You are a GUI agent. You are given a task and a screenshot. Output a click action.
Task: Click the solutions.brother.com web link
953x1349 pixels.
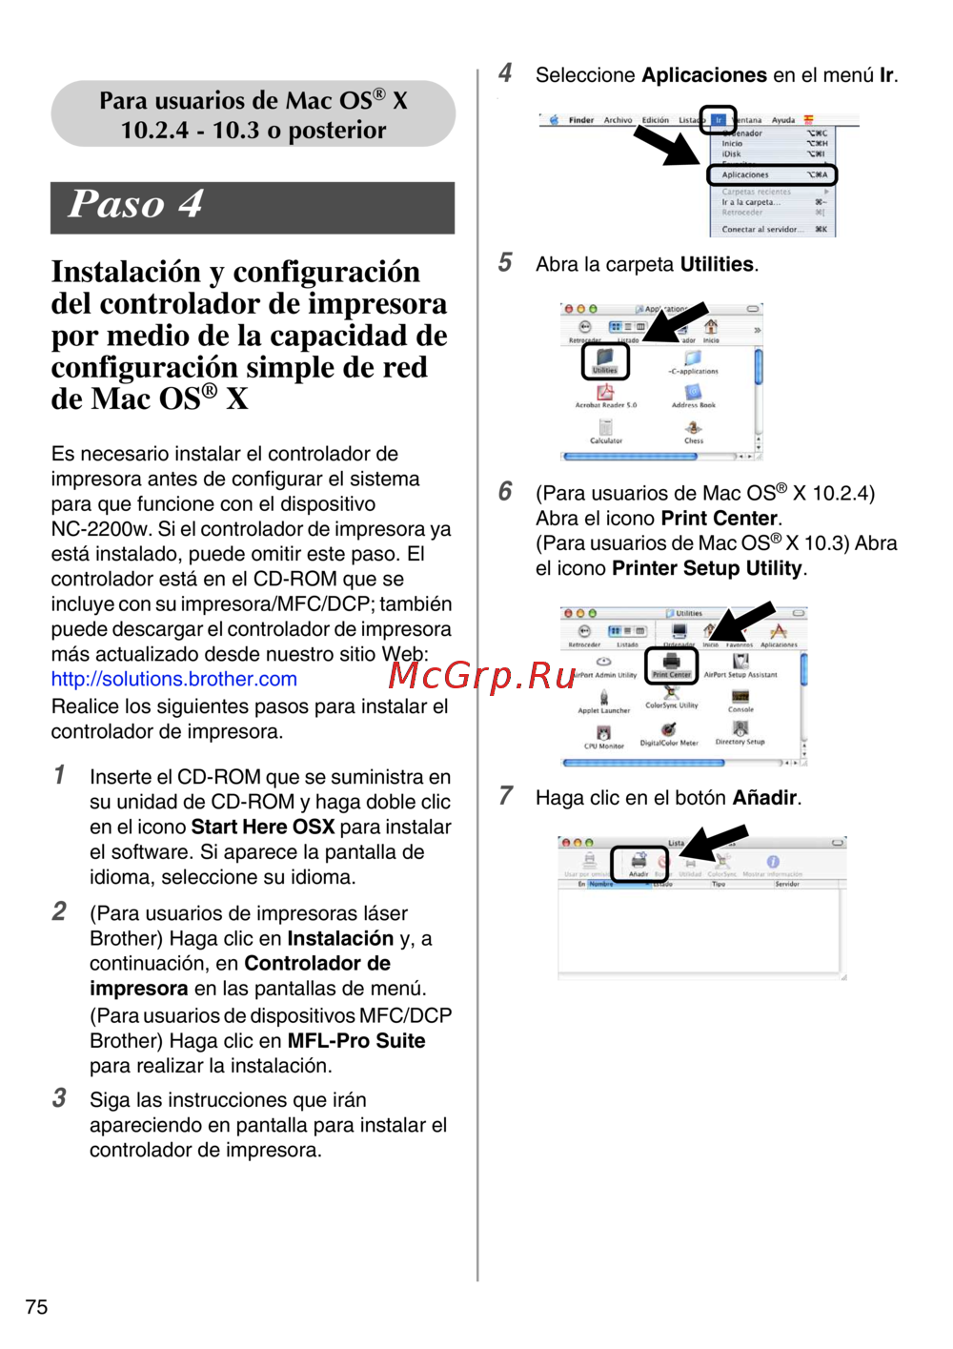coord(174,679)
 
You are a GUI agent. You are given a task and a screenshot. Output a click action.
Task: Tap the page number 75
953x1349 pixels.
coord(36,1307)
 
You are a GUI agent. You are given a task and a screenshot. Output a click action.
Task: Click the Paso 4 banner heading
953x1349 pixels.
coord(136,205)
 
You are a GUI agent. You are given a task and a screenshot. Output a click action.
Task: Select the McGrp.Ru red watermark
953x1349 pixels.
coord(482,675)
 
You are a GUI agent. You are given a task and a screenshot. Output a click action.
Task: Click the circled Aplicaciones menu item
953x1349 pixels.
coord(771,174)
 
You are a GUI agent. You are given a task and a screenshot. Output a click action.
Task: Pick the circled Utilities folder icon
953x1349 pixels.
coord(605,360)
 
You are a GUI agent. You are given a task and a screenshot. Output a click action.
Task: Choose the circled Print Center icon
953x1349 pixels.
coord(672,664)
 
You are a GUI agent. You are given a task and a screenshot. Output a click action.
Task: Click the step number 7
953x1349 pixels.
coord(506,796)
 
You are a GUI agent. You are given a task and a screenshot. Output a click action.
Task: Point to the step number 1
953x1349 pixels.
coord(59,775)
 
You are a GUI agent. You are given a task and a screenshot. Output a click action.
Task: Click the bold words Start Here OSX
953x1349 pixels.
coord(263,827)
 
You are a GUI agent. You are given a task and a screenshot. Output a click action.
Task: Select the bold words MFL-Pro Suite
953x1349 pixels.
coord(356,1040)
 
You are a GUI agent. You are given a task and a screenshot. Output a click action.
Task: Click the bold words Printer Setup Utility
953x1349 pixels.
coord(706,568)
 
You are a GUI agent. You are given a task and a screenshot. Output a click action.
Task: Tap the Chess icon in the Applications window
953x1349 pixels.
coord(694,431)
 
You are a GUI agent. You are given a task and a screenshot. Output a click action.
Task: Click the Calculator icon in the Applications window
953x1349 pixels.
coord(606,431)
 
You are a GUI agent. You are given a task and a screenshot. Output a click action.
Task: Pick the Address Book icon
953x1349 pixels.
coord(693,395)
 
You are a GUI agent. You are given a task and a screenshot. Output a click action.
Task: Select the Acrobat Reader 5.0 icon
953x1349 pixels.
coord(605,395)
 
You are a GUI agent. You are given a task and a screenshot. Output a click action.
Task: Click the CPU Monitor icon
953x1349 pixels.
coord(604,736)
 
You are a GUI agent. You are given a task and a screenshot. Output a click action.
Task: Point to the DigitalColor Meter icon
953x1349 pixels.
coord(669,732)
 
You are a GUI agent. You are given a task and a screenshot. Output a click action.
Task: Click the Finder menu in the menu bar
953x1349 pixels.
coord(581,120)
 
